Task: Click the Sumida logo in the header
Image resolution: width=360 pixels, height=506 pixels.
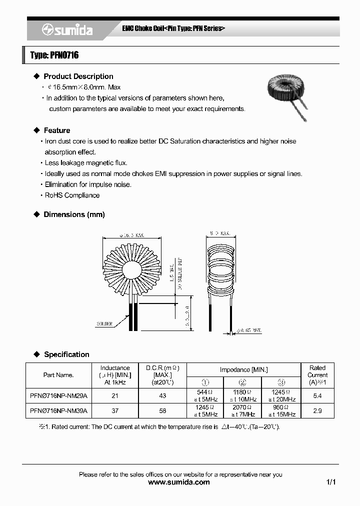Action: coord(67,30)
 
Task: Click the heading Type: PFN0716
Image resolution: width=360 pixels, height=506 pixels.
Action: coord(54,55)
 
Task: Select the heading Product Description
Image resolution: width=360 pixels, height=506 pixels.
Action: coord(78,76)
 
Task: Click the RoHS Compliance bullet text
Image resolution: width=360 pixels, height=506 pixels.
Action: coord(72,195)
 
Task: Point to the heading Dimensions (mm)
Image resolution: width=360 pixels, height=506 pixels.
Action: coord(74,214)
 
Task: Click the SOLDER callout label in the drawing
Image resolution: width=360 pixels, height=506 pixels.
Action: coord(104,324)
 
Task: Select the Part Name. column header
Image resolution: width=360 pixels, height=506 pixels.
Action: coord(58,375)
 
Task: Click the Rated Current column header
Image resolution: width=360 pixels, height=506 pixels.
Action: coord(317,375)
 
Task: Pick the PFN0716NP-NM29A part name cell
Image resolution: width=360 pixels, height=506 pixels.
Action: coord(58,395)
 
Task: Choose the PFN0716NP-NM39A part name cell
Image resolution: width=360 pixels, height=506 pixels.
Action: coord(58,410)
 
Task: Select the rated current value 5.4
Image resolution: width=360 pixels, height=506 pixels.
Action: coord(317,395)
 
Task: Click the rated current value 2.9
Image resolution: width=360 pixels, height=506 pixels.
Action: coord(317,410)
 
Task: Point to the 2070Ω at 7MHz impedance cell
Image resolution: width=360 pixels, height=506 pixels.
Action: coord(243,410)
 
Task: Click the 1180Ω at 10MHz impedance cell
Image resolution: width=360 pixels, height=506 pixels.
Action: coord(243,395)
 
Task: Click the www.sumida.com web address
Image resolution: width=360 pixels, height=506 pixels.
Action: coord(180,482)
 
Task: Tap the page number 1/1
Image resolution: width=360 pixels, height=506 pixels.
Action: coord(330,482)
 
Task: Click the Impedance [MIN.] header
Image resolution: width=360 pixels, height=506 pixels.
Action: coord(243,369)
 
